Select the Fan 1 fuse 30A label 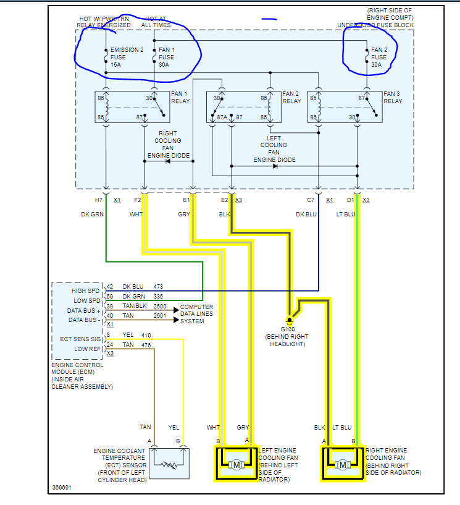coord(167,57)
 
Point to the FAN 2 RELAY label coord(291,98)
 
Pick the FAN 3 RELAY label coord(393,98)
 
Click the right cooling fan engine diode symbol coord(167,161)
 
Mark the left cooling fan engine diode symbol coord(274,166)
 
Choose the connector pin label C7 coord(311,200)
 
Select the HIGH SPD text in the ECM coord(85,291)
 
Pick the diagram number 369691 coord(63,488)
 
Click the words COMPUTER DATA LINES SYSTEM coord(197,313)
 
